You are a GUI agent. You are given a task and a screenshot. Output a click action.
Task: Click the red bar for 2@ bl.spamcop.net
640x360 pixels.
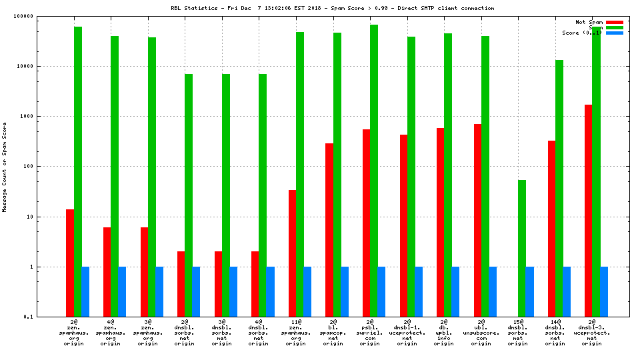click(329, 230)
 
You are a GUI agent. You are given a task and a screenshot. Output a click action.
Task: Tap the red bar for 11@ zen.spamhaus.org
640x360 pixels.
click(293, 253)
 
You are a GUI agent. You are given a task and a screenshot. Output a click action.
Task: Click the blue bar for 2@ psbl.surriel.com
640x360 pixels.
click(381, 291)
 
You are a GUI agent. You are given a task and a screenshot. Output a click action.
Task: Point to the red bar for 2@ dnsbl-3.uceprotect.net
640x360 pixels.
click(589, 211)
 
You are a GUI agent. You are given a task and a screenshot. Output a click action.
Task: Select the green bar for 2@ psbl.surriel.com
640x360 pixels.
click(374, 171)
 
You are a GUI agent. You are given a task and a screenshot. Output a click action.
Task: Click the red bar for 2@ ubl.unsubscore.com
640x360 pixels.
click(478, 220)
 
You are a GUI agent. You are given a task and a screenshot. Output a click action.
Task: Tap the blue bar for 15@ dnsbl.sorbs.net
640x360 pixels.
click(530, 291)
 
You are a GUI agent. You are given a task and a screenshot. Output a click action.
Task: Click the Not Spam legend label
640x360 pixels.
click(589, 22)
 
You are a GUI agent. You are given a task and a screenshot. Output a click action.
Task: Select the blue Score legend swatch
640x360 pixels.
click(615, 33)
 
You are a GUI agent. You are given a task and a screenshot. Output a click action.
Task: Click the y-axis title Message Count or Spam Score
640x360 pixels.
click(5, 167)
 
